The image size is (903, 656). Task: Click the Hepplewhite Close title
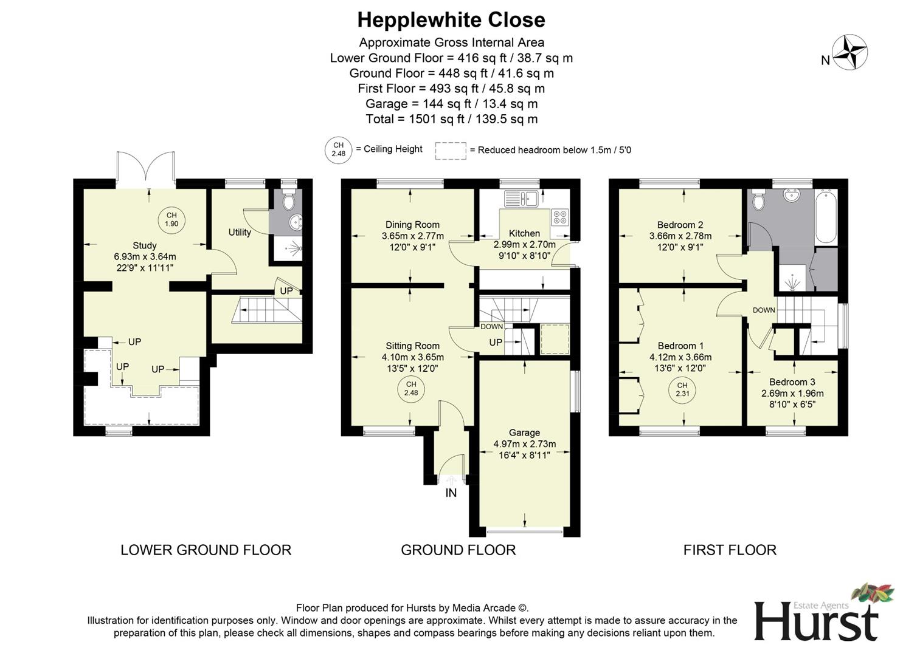click(451, 20)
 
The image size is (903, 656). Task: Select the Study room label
click(145, 245)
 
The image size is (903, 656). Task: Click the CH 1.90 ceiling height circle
click(171, 219)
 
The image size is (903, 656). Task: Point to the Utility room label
click(240, 232)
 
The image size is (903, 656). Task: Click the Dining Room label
click(412, 225)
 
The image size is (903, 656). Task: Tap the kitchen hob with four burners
click(559, 217)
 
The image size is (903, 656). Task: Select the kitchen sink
click(521, 197)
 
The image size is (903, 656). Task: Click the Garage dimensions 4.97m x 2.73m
click(524, 444)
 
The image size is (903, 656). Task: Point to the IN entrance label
click(451, 493)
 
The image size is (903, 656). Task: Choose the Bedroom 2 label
click(680, 225)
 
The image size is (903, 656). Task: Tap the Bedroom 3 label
click(792, 382)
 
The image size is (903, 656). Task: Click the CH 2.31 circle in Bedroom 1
click(682, 389)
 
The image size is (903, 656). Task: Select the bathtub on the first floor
click(826, 216)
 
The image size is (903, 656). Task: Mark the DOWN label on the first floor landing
click(764, 310)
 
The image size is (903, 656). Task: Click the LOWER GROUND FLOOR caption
click(206, 550)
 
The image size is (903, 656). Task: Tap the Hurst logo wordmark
click(816, 621)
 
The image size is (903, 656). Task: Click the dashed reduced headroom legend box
click(451, 151)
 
